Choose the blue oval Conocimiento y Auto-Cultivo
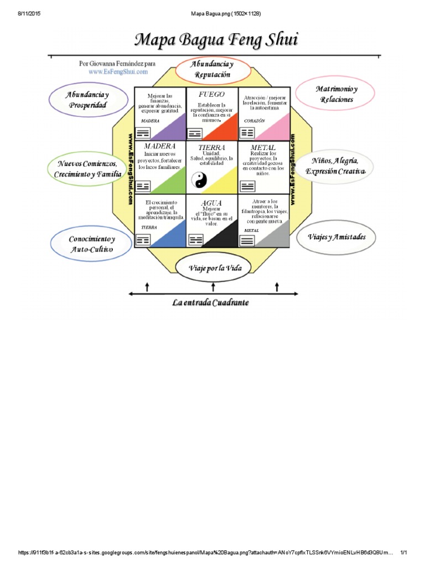91,244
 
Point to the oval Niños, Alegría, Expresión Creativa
335,166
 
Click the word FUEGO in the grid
211,95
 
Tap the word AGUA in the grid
211,203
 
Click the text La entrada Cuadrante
210,302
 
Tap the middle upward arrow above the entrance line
212,286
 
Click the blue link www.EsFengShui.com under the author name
118,71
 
